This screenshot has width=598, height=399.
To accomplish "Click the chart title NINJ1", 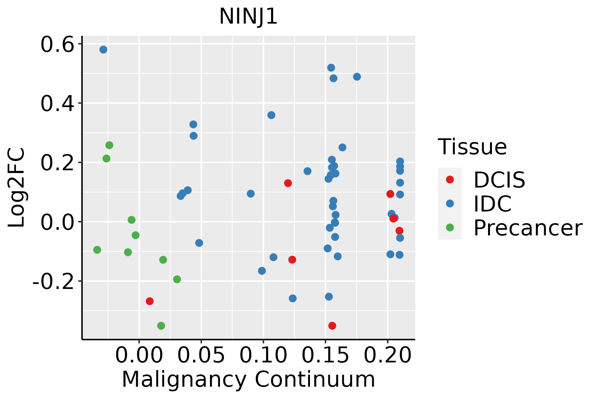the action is pyautogui.click(x=248, y=17).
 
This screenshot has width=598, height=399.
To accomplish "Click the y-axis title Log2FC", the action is pyautogui.click(x=17, y=188).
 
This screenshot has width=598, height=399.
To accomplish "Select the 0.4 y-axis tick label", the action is pyautogui.click(x=57, y=104).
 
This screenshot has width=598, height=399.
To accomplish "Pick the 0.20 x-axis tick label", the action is pyautogui.click(x=388, y=355).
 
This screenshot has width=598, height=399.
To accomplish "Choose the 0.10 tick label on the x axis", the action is pyautogui.click(x=263, y=355).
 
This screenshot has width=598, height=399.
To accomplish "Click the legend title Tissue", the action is pyautogui.click(x=472, y=147).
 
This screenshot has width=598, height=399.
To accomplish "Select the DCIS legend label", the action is pyautogui.click(x=499, y=180).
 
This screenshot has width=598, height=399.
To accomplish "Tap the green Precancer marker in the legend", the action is pyautogui.click(x=450, y=227).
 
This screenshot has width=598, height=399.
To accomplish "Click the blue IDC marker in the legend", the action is pyautogui.click(x=450, y=203).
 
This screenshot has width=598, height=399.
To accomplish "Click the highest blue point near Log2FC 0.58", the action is pyautogui.click(x=103, y=50).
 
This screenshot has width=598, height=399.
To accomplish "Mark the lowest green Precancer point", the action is pyautogui.click(x=161, y=326).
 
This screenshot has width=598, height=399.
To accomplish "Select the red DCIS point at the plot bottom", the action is pyautogui.click(x=332, y=326).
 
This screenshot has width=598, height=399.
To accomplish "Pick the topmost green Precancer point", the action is pyautogui.click(x=109, y=145).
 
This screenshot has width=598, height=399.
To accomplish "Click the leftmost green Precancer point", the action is pyautogui.click(x=97, y=250).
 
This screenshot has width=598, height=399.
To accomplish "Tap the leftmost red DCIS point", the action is pyautogui.click(x=150, y=301).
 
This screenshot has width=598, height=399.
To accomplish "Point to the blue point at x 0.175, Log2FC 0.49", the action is pyautogui.click(x=357, y=77).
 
